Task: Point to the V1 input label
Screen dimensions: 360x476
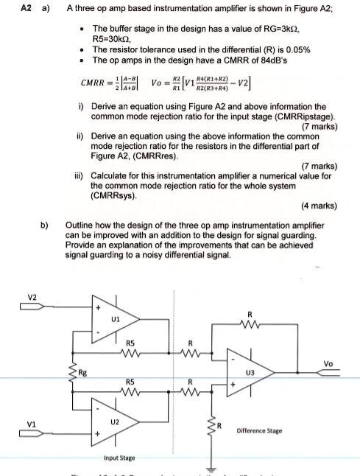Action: click(32, 424)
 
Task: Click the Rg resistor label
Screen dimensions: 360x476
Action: click(82, 372)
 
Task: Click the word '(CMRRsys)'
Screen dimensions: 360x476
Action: click(114, 196)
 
